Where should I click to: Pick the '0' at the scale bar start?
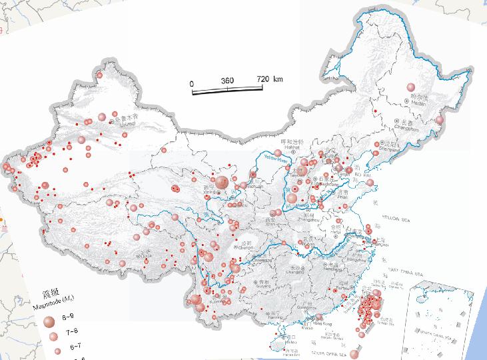(192, 83)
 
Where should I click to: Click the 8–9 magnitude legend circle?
(49, 321)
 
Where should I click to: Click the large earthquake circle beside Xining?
(220, 182)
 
